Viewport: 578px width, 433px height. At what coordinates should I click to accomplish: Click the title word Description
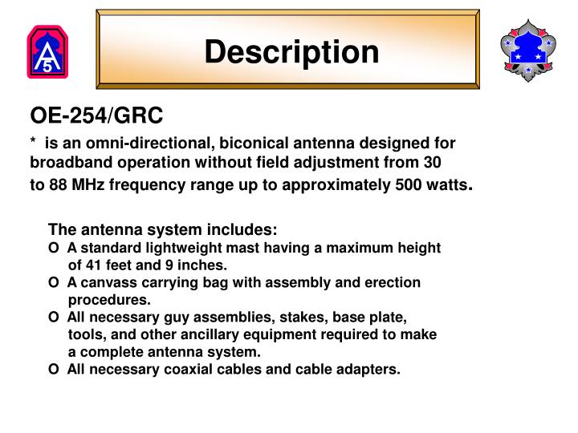coord(291,51)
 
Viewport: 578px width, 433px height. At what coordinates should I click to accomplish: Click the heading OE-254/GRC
coord(96,117)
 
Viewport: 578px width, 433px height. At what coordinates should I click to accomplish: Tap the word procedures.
coord(109,300)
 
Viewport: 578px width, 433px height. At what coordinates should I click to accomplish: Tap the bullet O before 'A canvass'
coord(53,282)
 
